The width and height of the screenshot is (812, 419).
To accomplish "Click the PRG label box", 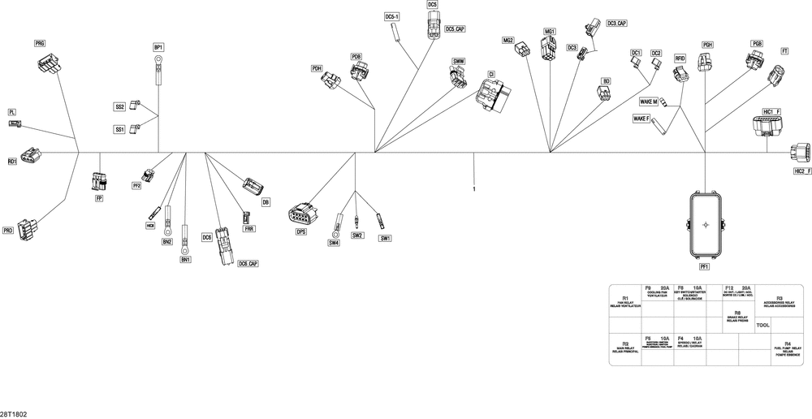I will tap(40, 42).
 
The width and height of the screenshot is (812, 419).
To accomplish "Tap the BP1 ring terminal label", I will tap(159, 48).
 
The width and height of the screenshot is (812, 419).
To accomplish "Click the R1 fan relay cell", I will tap(625, 302).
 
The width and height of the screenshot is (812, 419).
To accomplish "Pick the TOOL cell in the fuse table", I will tap(762, 325).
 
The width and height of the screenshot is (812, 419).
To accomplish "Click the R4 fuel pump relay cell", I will tap(787, 349).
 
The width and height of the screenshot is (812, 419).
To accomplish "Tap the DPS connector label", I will tap(300, 231).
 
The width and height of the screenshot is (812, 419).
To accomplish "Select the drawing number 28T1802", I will tap(14, 413).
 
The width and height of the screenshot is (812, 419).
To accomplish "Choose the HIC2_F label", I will tap(801, 171).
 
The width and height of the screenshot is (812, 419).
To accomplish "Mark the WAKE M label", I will tap(648, 102).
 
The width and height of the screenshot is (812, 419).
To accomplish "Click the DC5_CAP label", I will tap(455, 29).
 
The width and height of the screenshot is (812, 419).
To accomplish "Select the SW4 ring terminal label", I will tap(334, 242).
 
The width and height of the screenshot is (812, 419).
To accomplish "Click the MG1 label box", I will tap(550, 32).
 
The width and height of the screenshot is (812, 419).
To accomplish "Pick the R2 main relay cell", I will tap(625, 349).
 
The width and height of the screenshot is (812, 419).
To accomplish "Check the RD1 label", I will tap(12, 162).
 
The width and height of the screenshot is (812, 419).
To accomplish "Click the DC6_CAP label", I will tap(248, 264).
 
